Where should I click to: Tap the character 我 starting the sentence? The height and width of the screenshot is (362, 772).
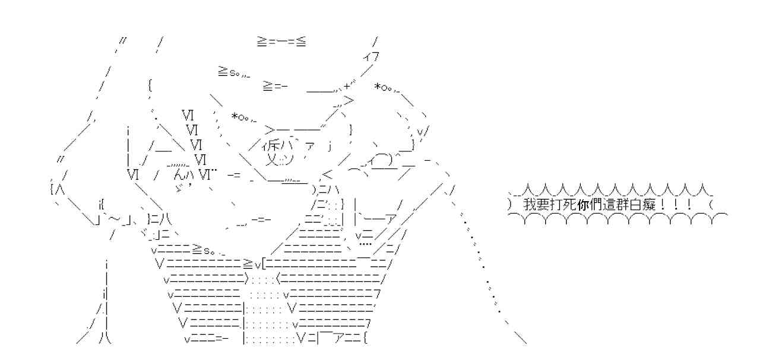point(529,205)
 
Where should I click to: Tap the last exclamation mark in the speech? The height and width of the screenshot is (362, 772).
point(688,205)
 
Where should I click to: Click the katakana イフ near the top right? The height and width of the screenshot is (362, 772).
point(372,57)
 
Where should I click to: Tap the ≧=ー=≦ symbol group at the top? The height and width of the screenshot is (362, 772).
point(281,42)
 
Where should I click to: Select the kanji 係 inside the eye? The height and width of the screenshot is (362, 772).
point(272,147)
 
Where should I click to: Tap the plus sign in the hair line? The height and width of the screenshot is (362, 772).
point(347,87)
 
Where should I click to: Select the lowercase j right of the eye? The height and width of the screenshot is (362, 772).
point(330,147)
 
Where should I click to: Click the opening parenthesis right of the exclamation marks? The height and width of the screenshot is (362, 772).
point(711,205)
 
